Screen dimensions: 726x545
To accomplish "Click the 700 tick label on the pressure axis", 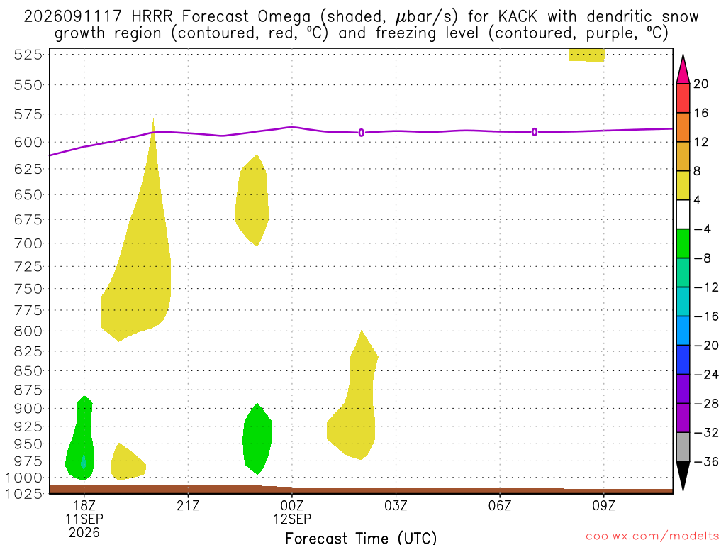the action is coord(28,243).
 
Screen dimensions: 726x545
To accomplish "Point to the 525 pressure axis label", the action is coord(28,55).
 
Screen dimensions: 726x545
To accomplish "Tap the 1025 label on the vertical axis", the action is coord(24,494).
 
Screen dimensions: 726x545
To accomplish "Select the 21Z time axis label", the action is coord(188,505).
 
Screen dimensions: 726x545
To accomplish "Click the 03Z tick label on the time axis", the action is coord(396,505).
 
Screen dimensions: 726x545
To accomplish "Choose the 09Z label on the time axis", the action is coord(604,505).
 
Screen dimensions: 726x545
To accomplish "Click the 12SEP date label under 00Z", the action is coord(291,519).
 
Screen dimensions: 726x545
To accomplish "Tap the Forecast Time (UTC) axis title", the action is coord(361,538).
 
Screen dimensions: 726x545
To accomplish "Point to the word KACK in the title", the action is coord(518,17).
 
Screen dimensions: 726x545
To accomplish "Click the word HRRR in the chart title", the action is coord(152,17).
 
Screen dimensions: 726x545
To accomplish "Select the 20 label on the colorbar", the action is coord(701,84).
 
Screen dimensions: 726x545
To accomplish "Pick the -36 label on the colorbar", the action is coord(706,461).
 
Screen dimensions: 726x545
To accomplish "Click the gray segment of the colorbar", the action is coord(683,447).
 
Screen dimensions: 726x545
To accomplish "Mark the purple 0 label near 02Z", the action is coord(361,133).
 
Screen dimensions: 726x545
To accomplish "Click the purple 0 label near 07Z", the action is coord(535,132).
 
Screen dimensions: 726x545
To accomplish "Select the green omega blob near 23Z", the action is coord(257,439).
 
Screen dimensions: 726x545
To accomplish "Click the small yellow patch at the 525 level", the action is coord(587,55).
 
